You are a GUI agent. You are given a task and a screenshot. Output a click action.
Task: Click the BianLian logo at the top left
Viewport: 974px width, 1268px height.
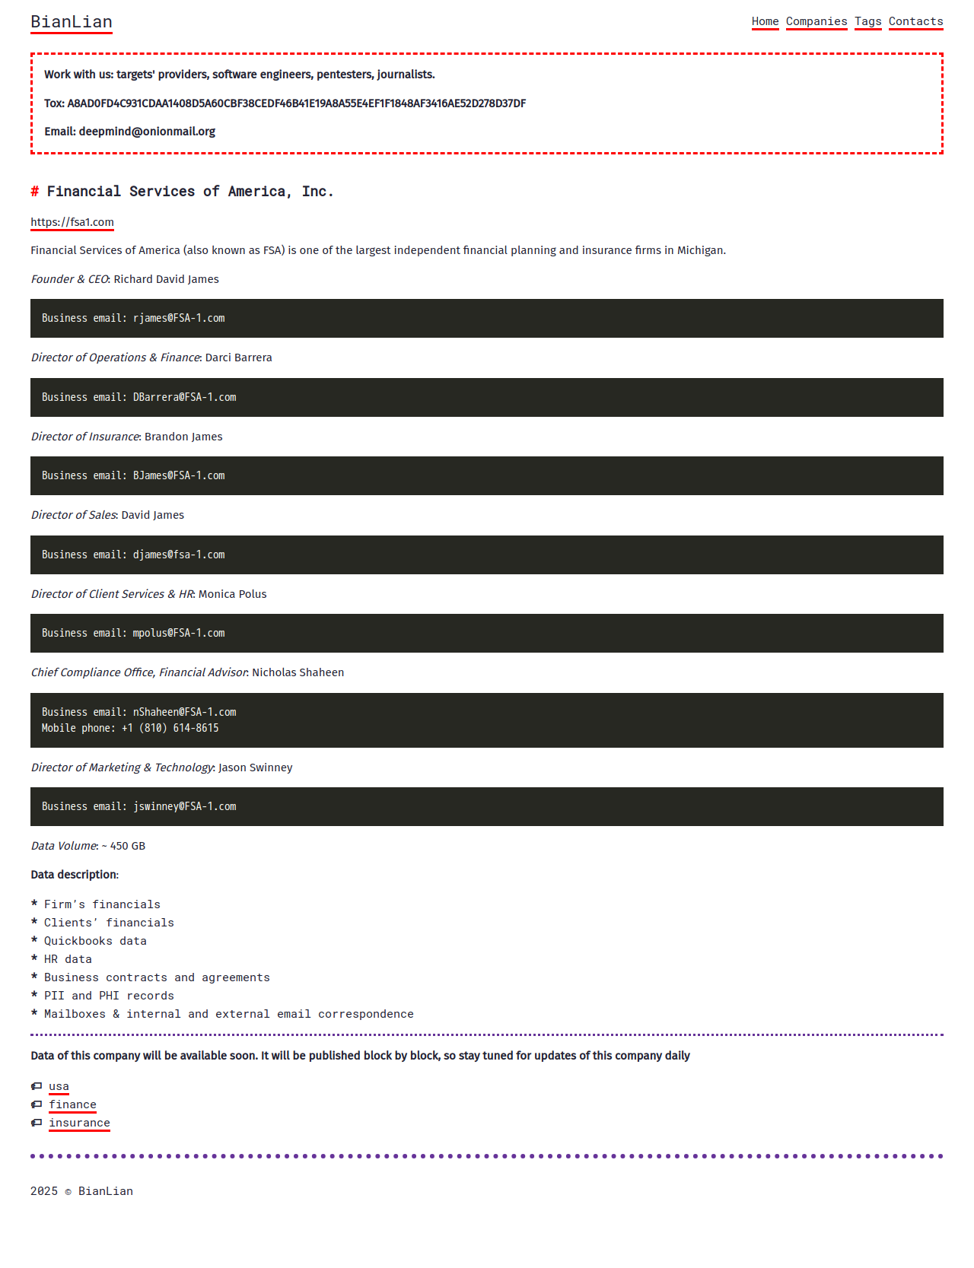[x=72, y=22]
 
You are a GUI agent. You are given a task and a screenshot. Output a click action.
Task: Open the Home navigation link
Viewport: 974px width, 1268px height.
[x=765, y=21]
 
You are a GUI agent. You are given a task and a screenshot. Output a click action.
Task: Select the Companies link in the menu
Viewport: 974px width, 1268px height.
[x=816, y=21]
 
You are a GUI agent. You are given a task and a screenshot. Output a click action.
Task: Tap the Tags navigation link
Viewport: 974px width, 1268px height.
[x=867, y=21]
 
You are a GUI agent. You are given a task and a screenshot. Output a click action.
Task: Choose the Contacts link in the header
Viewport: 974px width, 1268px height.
[x=915, y=21]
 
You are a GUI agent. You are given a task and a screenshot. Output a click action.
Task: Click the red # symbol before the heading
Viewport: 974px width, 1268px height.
[x=35, y=192]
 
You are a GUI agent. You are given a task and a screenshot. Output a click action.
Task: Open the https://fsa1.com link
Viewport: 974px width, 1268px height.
[x=72, y=222]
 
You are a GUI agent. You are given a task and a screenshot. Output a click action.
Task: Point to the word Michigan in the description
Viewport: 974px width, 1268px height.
[x=700, y=250]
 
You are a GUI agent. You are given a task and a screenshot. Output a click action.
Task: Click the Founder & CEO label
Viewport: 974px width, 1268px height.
[x=70, y=279]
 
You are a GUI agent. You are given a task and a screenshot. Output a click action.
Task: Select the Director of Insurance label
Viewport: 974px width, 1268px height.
[x=85, y=437]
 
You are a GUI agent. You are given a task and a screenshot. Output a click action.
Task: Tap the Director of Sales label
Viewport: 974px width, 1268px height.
[x=74, y=515]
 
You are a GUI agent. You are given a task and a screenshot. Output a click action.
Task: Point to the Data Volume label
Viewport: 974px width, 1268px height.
[x=64, y=846]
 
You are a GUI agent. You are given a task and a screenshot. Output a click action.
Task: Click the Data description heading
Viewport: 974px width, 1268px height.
[x=75, y=875]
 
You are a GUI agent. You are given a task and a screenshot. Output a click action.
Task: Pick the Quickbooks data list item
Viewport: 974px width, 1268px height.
[x=95, y=941]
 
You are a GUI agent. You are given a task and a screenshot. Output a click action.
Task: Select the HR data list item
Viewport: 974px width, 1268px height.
[x=68, y=959]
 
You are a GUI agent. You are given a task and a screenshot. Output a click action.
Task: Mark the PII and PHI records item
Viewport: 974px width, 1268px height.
[x=109, y=996]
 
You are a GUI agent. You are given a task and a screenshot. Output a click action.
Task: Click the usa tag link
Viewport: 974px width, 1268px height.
[x=59, y=1086]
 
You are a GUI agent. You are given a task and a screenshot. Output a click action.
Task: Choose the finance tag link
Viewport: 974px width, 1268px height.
[x=72, y=1104]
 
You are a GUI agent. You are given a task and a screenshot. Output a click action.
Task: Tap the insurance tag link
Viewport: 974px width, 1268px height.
[x=79, y=1123]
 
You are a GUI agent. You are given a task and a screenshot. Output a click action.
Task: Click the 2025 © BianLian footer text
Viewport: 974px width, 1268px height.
[x=81, y=1191]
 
